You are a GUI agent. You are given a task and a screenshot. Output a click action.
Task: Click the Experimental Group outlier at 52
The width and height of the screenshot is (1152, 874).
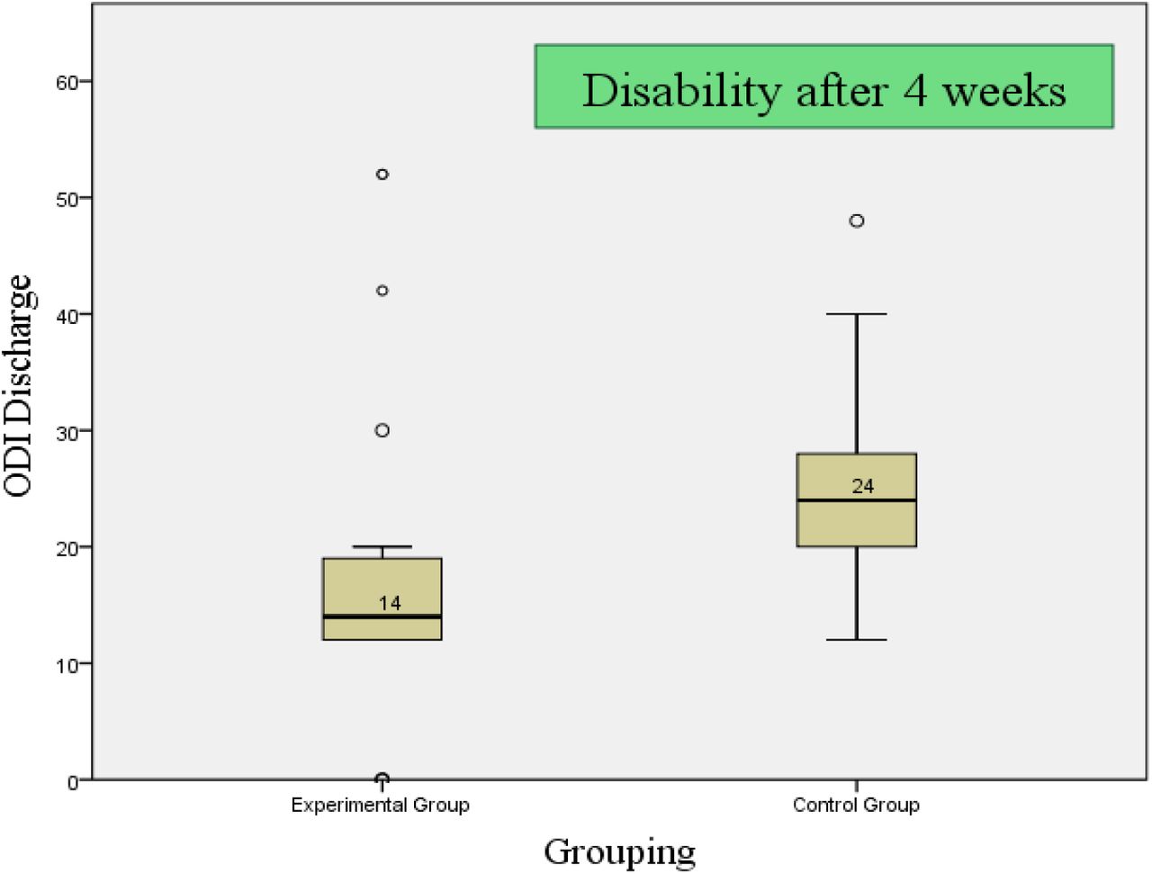(382, 175)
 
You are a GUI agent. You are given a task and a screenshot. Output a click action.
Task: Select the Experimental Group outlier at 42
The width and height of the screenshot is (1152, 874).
(382, 291)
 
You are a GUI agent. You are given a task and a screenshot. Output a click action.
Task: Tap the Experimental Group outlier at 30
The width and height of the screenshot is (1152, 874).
(382, 430)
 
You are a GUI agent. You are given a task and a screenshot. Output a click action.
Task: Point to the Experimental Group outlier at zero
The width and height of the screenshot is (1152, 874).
(382, 778)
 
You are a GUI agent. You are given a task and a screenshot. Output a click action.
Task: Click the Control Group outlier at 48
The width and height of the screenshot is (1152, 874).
(857, 221)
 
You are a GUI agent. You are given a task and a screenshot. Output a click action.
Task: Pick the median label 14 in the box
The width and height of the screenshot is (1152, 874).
(390, 604)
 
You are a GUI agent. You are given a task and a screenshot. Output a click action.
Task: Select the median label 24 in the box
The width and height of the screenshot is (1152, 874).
(863, 487)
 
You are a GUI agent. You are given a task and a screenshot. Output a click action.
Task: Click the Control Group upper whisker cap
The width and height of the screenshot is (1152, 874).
(857, 314)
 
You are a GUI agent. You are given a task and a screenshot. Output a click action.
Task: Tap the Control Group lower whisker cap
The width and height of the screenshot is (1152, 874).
(857, 640)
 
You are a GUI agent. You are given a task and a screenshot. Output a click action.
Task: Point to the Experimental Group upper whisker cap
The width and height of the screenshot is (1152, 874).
(382, 546)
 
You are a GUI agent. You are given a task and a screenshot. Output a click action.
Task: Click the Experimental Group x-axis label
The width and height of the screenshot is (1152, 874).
(381, 806)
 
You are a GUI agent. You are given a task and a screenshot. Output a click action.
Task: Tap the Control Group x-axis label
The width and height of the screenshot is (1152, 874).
(856, 805)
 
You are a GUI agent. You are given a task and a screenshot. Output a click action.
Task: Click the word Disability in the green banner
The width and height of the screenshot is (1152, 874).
(682, 91)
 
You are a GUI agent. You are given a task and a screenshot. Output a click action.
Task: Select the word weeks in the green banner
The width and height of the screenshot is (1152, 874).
(1005, 91)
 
